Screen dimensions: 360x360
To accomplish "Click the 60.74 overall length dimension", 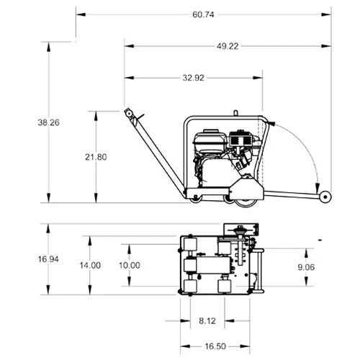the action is coord(203,14).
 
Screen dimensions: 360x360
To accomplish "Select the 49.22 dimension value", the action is coord(228,46).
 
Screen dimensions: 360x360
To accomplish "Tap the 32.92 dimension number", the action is coord(194,78).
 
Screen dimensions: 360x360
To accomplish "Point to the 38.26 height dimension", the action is coord(48,122).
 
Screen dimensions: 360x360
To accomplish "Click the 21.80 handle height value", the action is coord(96,157).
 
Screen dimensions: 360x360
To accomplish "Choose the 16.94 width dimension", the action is coord(48,259).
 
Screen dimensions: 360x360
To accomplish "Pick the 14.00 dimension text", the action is coord(90,265).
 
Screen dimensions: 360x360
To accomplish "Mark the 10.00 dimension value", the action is coord(130,265).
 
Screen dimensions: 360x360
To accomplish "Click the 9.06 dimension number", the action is coord(306,267).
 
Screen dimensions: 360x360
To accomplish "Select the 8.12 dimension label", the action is coord(207,320).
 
